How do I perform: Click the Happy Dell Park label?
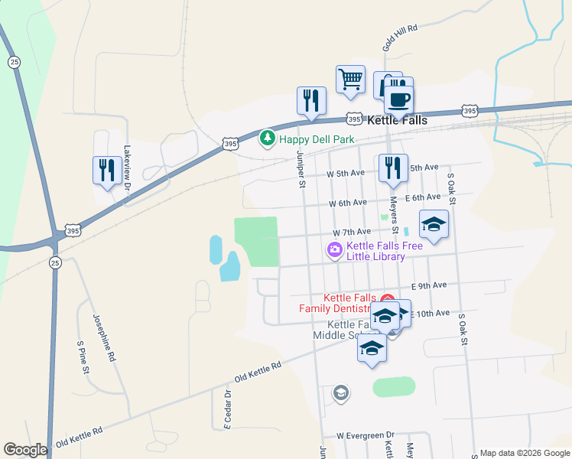(x=317, y=139)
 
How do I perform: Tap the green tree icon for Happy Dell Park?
(x=267, y=138)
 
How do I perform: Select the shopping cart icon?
(x=350, y=79)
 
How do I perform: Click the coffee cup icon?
(x=398, y=98)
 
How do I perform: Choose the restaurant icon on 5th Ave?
(x=392, y=168)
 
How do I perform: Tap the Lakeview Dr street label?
(x=128, y=167)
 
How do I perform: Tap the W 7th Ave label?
(x=351, y=231)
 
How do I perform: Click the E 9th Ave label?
(x=428, y=285)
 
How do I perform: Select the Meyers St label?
(x=395, y=216)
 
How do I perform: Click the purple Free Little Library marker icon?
(x=334, y=250)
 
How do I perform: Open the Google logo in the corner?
(x=25, y=450)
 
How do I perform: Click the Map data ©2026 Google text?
(x=525, y=453)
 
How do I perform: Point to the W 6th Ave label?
(x=348, y=203)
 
